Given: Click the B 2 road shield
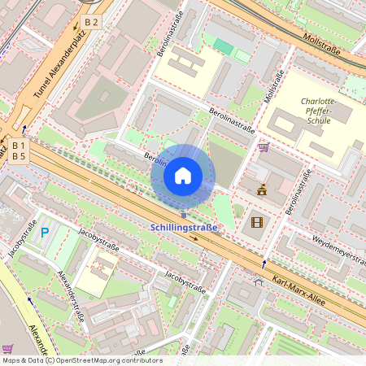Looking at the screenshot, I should (x=91, y=22).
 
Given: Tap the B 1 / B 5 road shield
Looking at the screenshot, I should (x=18, y=150).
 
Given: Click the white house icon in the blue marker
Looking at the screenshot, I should (x=183, y=176).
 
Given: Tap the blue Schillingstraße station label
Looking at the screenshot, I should (x=184, y=228).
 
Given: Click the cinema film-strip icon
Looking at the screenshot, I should (x=257, y=221).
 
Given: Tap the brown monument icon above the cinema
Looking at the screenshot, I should (x=262, y=190).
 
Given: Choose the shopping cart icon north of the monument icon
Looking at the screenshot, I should (x=263, y=147).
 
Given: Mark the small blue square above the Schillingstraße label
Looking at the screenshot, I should (x=183, y=215).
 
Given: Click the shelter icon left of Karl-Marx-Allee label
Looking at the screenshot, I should (x=258, y=282).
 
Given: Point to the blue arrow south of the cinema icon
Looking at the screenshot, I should (x=264, y=264).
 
